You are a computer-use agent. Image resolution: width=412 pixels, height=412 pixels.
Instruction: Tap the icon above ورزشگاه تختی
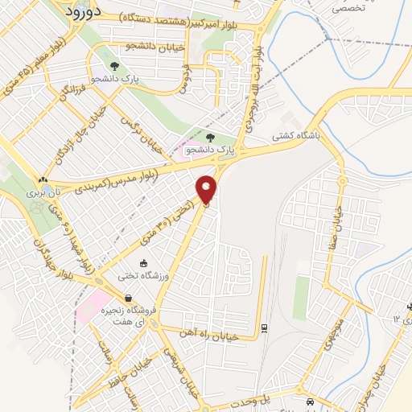[143, 263]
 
